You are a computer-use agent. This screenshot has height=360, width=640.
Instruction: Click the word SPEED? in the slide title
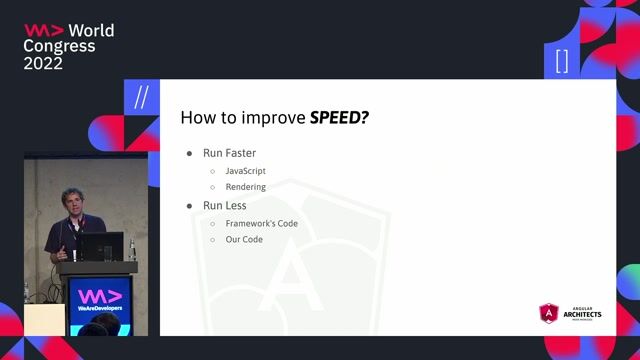click(340, 117)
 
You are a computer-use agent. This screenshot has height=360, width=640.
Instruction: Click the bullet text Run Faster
click(229, 153)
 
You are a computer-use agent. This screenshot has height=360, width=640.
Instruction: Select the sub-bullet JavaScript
click(245, 171)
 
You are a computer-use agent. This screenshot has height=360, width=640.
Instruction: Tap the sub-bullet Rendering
click(245, 187)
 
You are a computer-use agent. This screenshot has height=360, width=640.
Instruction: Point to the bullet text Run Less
click(225, 205)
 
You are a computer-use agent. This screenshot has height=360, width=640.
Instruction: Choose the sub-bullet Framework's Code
click(261, 223)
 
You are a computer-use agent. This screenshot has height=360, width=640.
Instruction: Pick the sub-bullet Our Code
click(244, 240)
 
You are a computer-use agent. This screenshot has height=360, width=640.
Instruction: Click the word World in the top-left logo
click(91, 30)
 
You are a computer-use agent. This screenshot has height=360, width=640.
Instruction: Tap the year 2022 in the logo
click(43, 62)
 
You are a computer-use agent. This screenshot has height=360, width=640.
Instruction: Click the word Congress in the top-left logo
click(59, 46)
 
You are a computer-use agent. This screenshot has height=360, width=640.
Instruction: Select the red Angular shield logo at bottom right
click(548, 314)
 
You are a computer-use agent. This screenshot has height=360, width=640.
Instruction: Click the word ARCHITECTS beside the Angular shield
click(582, 314)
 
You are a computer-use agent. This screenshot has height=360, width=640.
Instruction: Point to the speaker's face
click(72, 202)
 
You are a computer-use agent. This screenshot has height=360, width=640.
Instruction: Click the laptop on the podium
click(102, 246)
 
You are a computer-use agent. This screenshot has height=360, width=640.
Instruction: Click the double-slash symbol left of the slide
click(140, 97)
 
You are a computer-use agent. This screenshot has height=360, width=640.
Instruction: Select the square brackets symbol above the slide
click(561, 61)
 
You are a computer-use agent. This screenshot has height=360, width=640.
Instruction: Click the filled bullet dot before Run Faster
click(190, 154)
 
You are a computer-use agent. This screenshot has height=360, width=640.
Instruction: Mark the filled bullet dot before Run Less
click(190, 206)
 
